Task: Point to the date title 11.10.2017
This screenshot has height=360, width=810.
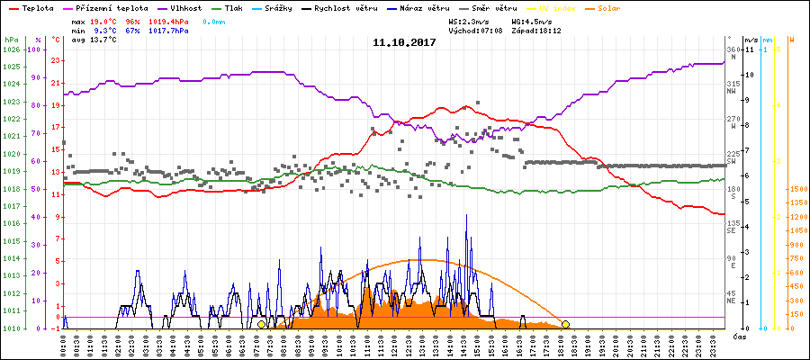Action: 404,42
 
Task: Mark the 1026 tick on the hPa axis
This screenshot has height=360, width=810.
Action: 10,49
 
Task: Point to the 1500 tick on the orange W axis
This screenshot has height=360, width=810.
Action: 796,190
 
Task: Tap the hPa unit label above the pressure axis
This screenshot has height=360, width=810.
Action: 10,40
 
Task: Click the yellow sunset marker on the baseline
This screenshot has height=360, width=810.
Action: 565,324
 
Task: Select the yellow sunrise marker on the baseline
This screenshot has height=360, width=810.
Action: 261,324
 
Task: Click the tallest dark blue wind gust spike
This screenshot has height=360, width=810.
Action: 466,216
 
